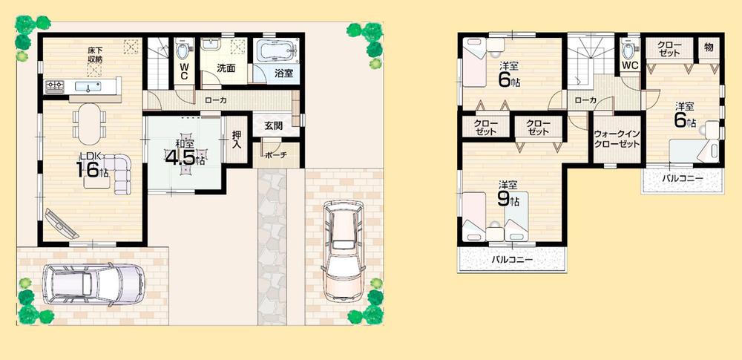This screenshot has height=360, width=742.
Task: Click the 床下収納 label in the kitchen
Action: tap(95, 54)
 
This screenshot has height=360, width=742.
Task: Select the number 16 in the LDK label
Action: tap(87, 169)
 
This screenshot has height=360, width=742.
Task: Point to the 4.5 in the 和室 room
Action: tap(179, 159)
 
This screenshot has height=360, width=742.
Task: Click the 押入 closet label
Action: tap(236, 139)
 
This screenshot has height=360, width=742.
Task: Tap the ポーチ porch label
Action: tap(278, 156)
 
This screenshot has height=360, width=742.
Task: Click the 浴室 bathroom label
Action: tap(283, 73)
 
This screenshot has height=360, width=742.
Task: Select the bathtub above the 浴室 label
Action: tap(275, 51)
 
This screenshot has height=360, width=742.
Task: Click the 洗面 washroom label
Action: tap(226, 68)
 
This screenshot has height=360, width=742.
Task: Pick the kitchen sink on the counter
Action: tap(93, 87)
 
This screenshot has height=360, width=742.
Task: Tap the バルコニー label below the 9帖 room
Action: tap(513, 261)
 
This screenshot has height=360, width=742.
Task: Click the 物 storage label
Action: tap(709, 48)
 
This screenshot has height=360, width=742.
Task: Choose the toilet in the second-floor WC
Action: tap(629, 50)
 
